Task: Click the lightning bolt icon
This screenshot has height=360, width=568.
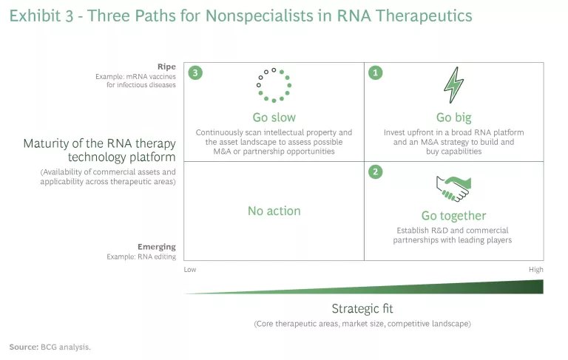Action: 453,85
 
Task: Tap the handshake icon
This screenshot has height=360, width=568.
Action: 453,188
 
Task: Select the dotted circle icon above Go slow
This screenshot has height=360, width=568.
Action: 274,85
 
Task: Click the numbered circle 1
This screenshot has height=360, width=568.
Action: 376,73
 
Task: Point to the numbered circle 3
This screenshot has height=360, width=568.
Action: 195,73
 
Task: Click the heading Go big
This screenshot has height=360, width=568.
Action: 453,117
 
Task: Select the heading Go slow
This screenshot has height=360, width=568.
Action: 274,117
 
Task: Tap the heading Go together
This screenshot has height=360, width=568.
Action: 453,216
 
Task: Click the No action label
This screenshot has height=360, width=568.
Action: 274,211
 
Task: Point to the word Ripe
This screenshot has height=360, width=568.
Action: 166,66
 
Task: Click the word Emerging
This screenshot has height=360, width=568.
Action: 156,246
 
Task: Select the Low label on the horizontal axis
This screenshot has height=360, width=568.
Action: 190,270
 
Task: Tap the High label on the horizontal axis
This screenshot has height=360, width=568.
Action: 535,270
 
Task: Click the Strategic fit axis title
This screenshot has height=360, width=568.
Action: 362,308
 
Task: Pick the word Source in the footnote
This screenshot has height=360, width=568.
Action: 24,346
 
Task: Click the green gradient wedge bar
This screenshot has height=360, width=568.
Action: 444,288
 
